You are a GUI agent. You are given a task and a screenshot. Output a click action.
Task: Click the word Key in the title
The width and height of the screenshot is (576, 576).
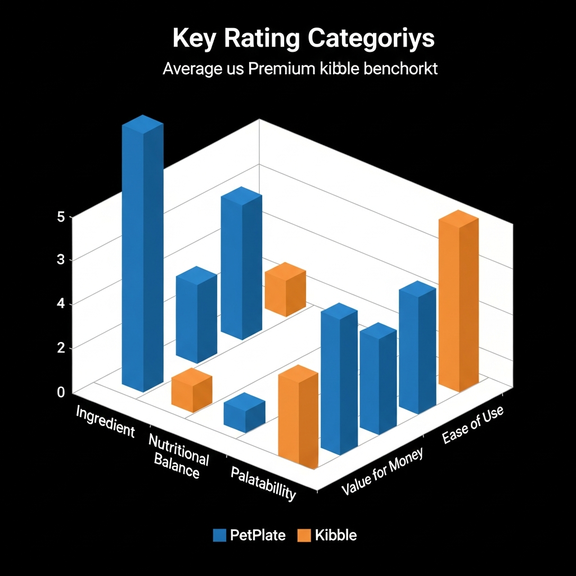tap(191, 39)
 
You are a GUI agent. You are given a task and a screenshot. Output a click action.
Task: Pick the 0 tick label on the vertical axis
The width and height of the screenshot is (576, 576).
tap(61, 392)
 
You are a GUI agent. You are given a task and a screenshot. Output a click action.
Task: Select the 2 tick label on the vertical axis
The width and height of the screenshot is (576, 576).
tap(61, 348)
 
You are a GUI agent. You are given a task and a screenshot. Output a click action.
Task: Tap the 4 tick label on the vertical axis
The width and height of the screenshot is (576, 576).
tap(61, 304)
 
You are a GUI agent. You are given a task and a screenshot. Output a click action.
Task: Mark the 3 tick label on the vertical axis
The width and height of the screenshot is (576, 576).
tap(61, 260)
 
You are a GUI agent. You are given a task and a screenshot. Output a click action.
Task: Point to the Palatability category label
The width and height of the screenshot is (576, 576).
tap(263, 483)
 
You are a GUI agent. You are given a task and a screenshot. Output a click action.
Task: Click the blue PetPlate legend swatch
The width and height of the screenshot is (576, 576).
tap(219, 535)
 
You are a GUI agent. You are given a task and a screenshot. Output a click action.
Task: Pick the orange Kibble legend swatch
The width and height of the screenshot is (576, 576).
tap(304, 535)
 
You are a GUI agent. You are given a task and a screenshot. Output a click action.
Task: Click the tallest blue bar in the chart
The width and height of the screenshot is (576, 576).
tap(143, 253)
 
